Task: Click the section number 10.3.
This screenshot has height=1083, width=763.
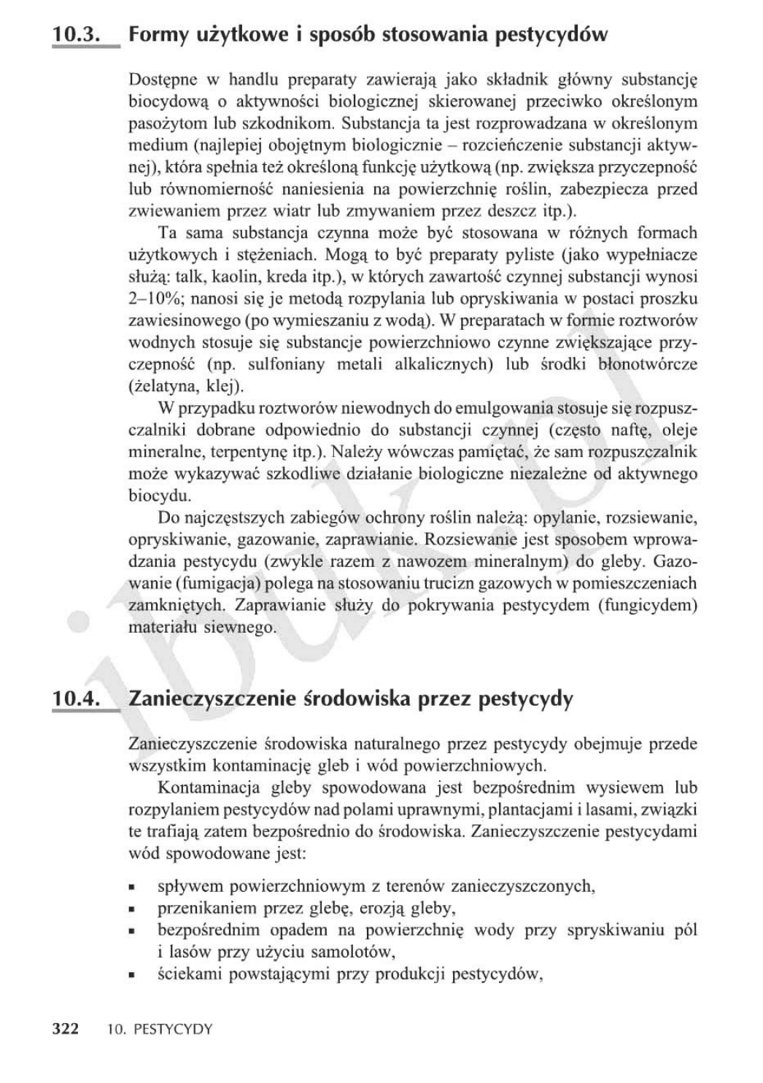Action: click(x=76, y=34)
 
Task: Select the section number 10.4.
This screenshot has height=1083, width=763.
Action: click(x=76, y=698)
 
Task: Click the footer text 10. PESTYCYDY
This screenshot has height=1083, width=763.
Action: click(x=158, y=1030)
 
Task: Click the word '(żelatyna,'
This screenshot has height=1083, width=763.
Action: click(x=158, y=386)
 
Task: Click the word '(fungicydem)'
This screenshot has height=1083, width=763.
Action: click(x=647, y=605)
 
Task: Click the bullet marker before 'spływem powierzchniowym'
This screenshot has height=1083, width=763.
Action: click(x=133, y=888)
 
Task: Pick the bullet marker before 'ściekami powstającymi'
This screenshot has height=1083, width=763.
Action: click(x=133, y=975)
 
